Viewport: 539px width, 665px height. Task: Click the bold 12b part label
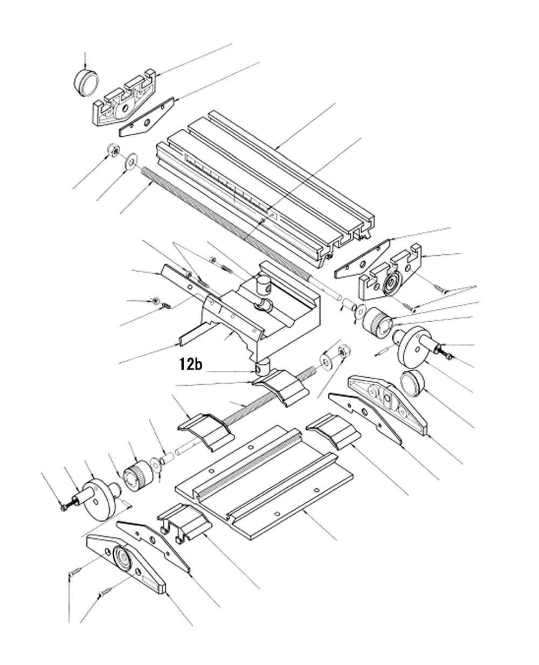coord(191,365)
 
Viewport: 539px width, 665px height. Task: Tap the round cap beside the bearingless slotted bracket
coord(86,82)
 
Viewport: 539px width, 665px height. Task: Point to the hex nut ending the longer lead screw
coord(113,150)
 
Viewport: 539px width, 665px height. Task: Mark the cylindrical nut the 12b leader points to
coord(261,368)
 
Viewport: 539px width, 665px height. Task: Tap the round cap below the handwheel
coord(413,384)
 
